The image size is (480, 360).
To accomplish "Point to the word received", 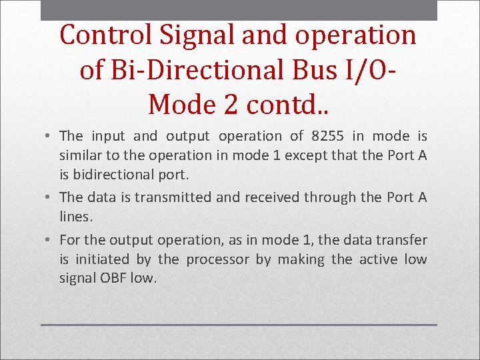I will click(x=272, y=197).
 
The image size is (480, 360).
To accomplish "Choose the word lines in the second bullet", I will click(x=75, y=217).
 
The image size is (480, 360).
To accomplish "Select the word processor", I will click(x=219, y=259).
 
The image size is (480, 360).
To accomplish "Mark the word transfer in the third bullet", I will click(x=403, y=239).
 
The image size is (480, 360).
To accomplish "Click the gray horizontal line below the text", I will click(x=239, y=325).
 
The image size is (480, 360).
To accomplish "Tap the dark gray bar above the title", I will click(x=239, y=10).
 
